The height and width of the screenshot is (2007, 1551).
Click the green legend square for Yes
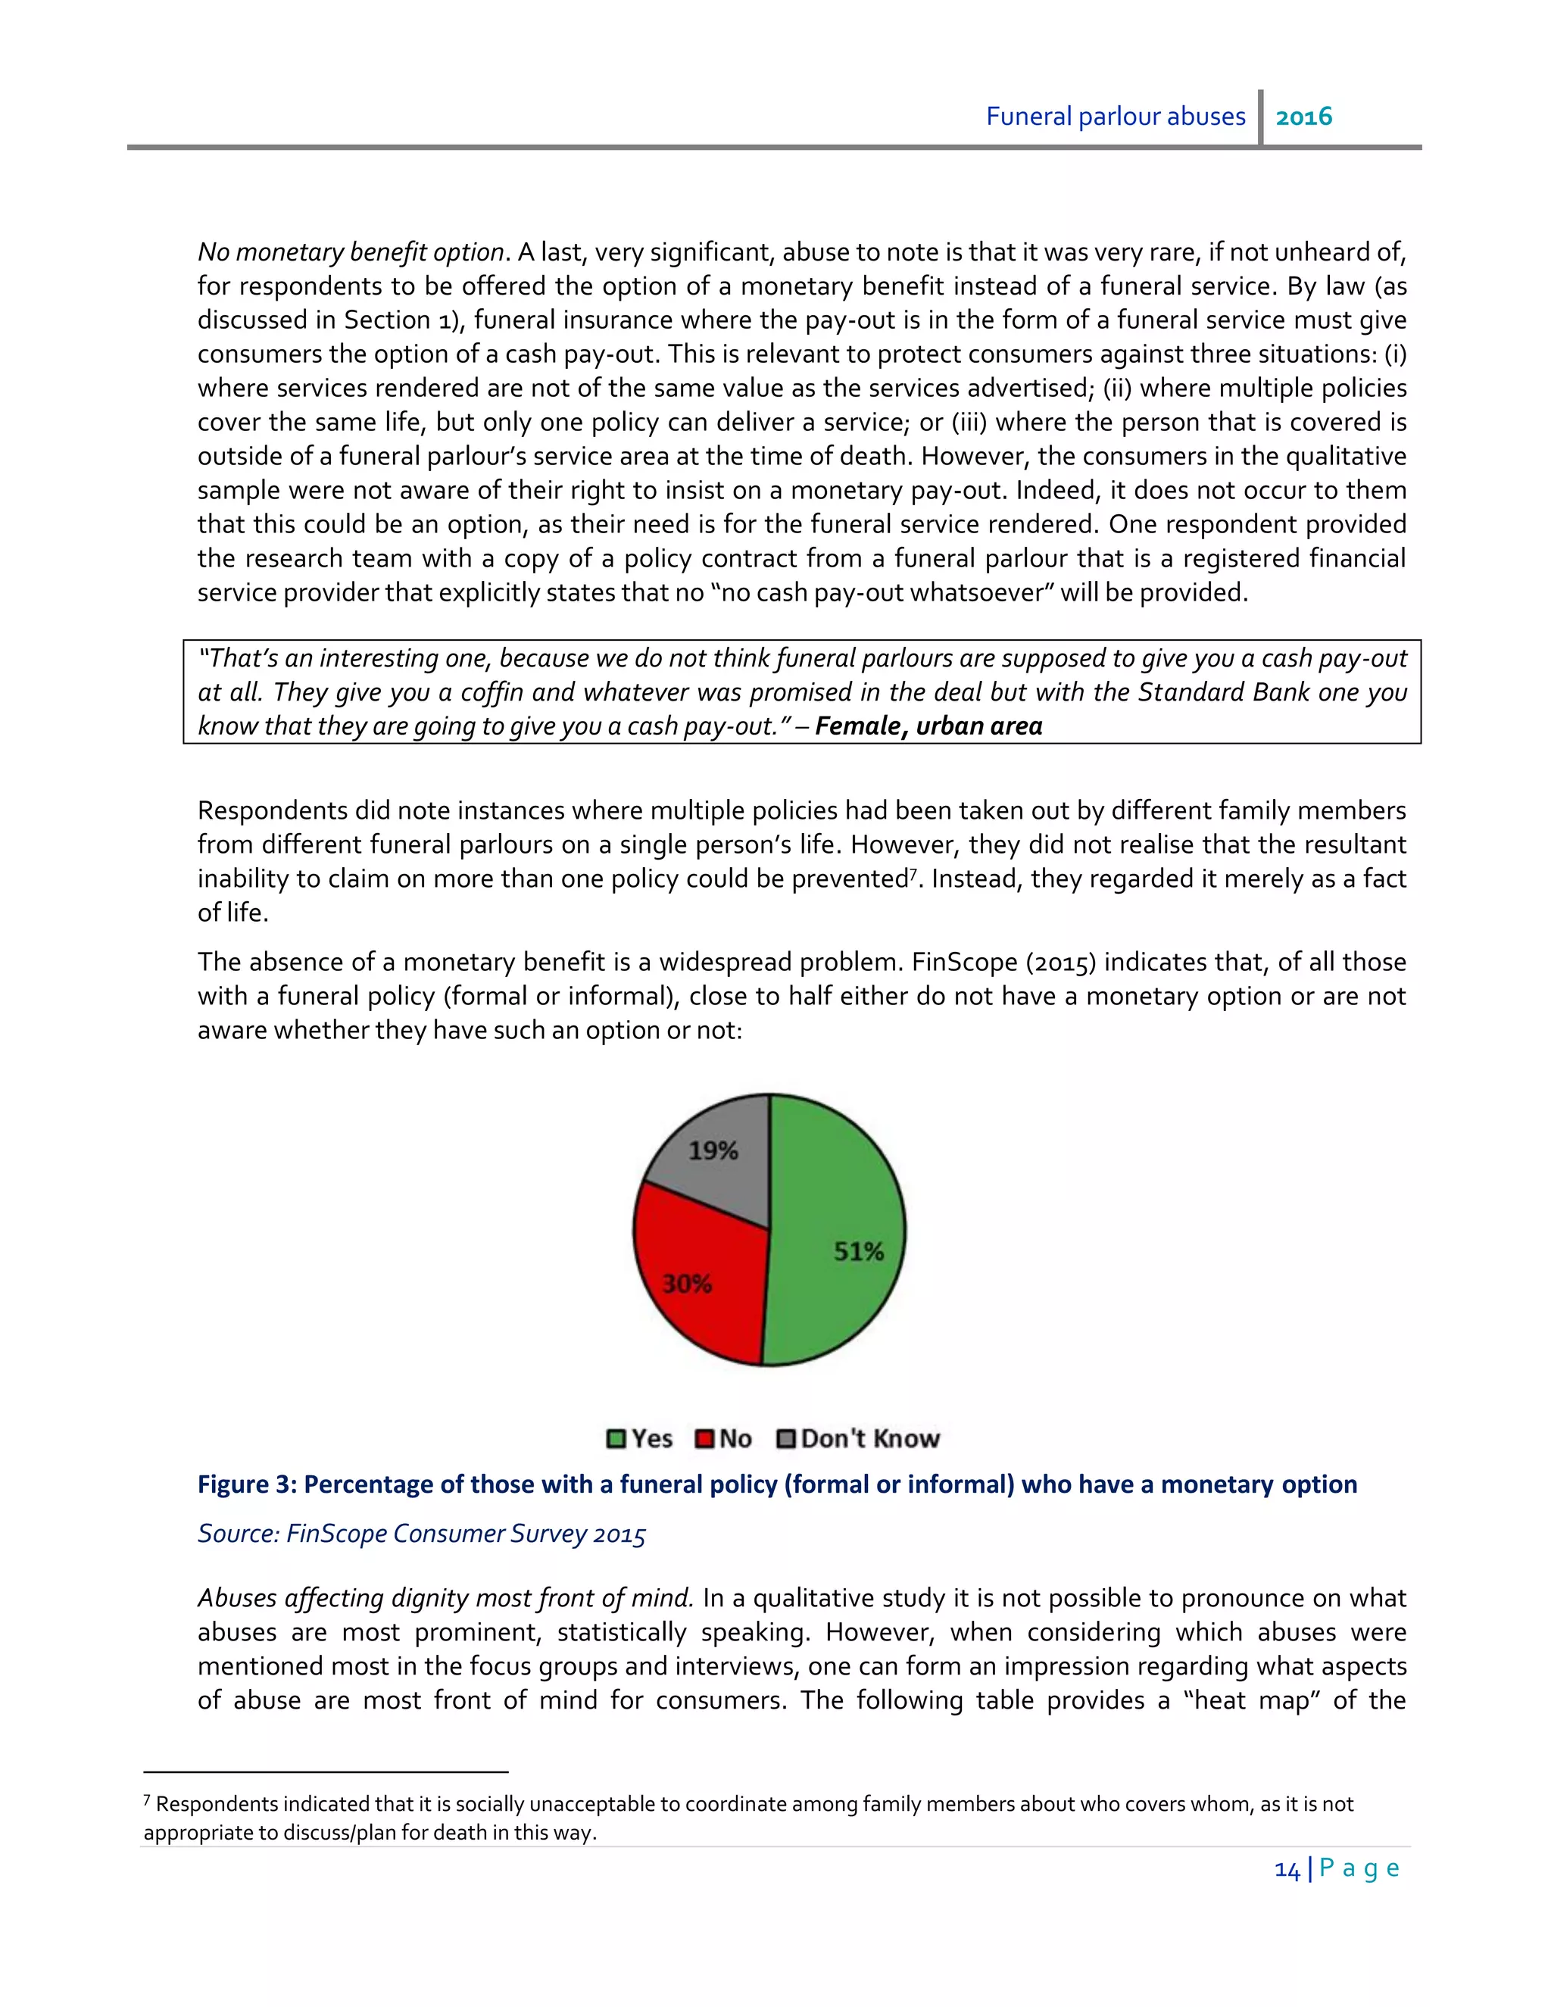pyautogui.click(x=616, y=1439)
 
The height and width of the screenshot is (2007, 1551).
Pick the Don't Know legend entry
pyautogui.click(x=859, y=1439)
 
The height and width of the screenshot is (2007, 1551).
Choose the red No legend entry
pyautogui.click(x=725, y=1439)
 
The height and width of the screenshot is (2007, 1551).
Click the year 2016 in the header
pyautogui.click(x=1304, y=117)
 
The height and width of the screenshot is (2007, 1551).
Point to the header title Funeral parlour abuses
pyautogui.click(x=1116, y=117)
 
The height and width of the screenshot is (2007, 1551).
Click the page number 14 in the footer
pyautogui.click(x=1287, y=1870)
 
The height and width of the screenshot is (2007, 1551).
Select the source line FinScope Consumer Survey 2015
pyautogui.click(x=422, y=1534)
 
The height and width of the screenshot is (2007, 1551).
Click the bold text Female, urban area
pyautogui.click(x=928, y=726)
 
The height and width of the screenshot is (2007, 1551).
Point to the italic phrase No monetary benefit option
pyautogui.click(x=350, y=251)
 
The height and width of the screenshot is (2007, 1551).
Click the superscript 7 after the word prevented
pyautogui.click(x=913, y=873)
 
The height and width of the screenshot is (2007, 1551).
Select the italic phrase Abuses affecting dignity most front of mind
pyautogui.click(x=445, y=1598)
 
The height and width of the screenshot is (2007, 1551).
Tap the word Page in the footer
pyautogui.click(x=1360, y=1868)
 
